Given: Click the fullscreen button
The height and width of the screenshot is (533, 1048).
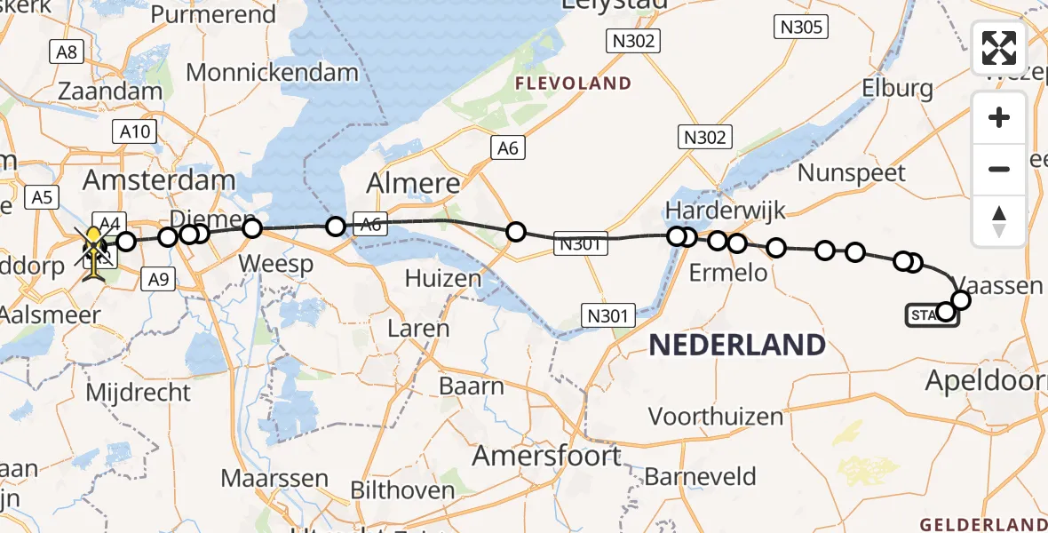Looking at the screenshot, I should click(999, 48).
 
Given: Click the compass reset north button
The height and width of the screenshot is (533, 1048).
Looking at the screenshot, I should click(999, 219).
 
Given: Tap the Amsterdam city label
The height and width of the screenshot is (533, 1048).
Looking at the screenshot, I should click(159, 180).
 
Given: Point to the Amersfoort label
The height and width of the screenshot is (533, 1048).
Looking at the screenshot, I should click(546, 456).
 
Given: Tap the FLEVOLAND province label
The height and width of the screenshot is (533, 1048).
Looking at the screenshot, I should click(576, 84).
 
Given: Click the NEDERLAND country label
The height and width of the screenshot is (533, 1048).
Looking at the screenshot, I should click(737, 345).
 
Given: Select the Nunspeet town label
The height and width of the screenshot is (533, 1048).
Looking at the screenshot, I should click(851, 172).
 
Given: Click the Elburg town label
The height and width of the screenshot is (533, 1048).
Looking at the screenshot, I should click(897, 88).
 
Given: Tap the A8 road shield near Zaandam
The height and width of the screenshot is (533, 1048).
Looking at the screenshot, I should click(67, 52).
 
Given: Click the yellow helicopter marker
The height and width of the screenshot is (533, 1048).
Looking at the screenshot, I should click(93, 251).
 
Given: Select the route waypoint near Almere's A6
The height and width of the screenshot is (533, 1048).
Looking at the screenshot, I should click(515, 233).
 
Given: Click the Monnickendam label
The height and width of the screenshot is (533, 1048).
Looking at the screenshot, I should click(272, 72).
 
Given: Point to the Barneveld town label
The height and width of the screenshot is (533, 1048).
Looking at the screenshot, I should click(701, 476).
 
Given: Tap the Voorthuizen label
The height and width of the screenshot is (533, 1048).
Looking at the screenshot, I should click(716, 416).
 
